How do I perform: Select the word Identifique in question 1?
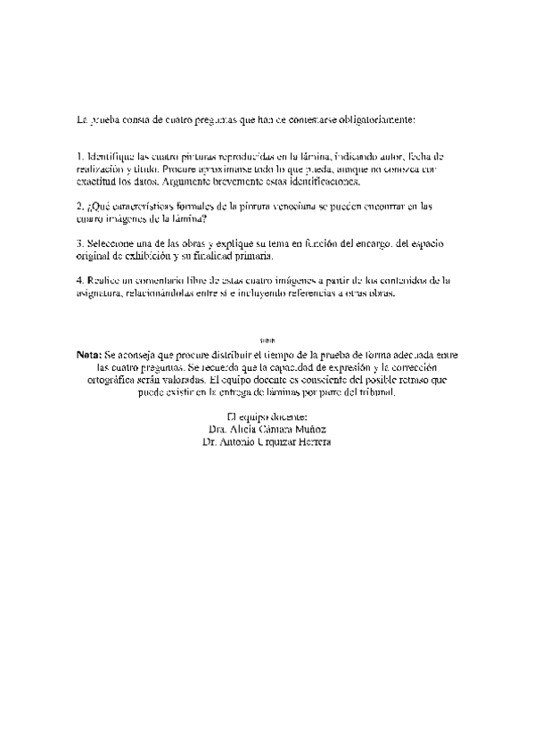[111, 156]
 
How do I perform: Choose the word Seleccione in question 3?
[111, 242]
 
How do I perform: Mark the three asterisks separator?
[267, 341]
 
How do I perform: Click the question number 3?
[79, 242]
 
